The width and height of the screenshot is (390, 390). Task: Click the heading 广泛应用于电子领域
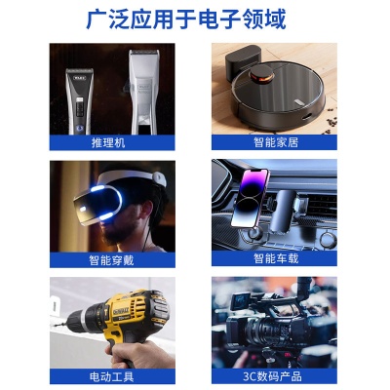pyautogui.click(x=195, y=19)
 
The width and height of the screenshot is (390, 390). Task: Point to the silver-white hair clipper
pyautogui.click(x=143, y=93)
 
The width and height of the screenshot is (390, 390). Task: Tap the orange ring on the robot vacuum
pyautogui.click(x=264, y=74)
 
